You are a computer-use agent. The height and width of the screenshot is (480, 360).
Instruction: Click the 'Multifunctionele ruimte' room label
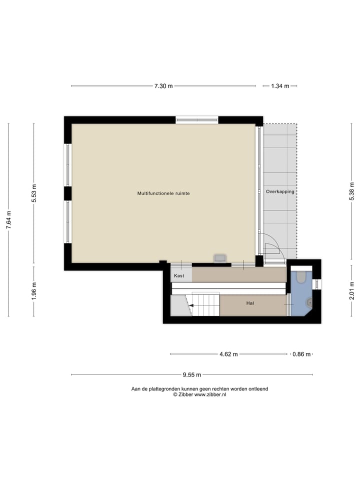(163, 193)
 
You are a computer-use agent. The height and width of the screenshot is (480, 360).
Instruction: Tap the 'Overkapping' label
(280, 191)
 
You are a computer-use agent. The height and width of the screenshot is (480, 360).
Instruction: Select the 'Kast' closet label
(179, 275)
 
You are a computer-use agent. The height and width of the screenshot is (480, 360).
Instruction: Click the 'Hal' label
(250, 303)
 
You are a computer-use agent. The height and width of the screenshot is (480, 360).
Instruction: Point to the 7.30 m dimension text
(163, 86)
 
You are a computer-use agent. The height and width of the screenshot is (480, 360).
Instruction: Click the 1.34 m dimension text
(280, 86)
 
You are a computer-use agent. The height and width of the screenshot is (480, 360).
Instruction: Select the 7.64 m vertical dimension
(8, 220)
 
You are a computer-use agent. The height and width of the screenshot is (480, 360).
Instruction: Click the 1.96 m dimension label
(34, 291)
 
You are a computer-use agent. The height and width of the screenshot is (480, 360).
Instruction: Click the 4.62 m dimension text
(229, 354)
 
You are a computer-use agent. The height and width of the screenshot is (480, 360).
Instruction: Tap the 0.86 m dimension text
(301, 354)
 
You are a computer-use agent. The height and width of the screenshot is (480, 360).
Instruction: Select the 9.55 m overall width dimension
(192, 374)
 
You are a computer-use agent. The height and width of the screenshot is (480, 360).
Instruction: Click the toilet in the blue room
(301, 276)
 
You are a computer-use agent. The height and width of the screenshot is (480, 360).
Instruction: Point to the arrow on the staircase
(190, 304)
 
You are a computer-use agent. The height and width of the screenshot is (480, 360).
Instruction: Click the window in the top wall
(197, 120)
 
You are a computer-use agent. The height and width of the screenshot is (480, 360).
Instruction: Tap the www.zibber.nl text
(210, 394)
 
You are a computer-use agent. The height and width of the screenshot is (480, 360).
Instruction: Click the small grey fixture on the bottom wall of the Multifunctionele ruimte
(219, 258)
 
